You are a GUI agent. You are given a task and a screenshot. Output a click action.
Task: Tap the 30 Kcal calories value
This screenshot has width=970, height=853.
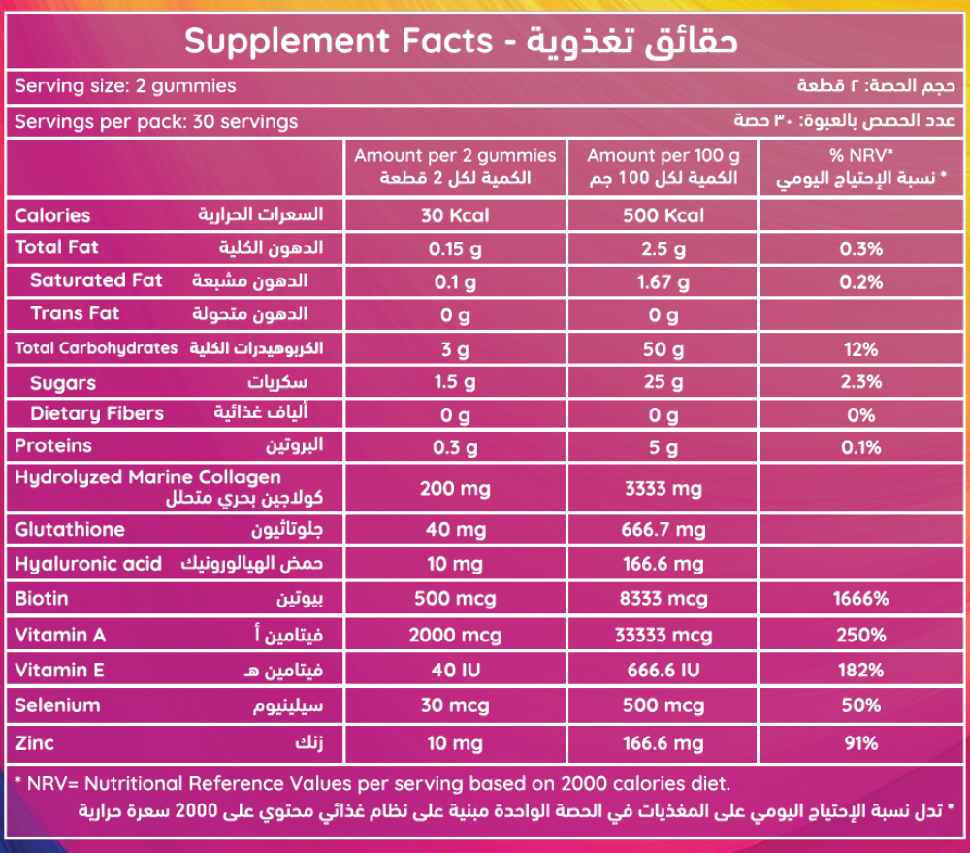(455, 215)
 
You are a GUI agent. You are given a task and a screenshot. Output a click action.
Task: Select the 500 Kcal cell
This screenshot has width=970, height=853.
(663, 215)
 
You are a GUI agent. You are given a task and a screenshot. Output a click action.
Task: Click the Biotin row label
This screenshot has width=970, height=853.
(42, 598)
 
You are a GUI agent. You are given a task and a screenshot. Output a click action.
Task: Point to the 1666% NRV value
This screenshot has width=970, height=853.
(861, 598)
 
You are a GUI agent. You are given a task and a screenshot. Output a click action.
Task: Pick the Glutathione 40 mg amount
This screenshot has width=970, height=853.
(455, 530)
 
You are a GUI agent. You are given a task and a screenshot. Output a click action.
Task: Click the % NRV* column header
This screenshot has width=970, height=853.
(861, 155)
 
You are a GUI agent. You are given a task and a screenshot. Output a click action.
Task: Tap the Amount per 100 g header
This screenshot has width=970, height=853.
(663, 155)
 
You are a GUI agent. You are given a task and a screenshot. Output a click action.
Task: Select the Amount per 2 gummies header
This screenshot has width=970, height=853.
(455, 155)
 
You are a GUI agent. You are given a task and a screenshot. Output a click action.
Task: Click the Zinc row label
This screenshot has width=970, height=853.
(35, 743)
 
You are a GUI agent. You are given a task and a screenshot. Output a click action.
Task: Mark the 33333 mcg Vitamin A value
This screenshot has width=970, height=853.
(663, 636)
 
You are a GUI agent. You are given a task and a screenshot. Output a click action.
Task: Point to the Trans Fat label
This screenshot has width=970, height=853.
(75, 313)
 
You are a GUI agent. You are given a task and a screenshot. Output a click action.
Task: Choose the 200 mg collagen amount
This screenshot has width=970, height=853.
(455, 488)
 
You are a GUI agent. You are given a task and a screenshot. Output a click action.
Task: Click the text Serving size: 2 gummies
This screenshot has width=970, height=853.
(125, 86)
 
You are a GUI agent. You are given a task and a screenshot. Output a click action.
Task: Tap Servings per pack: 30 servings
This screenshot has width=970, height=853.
(156, 122)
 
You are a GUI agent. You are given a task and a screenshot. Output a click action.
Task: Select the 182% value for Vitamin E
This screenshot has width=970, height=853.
(861, 671)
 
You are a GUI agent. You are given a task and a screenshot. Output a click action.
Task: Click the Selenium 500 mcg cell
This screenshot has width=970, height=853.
(663, 705)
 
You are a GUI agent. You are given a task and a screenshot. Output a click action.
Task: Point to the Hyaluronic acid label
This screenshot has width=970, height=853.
(88, 565)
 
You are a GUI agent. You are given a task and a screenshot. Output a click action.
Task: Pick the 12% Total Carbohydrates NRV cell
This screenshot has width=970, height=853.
(861, 348)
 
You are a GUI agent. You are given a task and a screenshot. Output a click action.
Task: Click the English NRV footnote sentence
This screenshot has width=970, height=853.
(372, 783)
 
